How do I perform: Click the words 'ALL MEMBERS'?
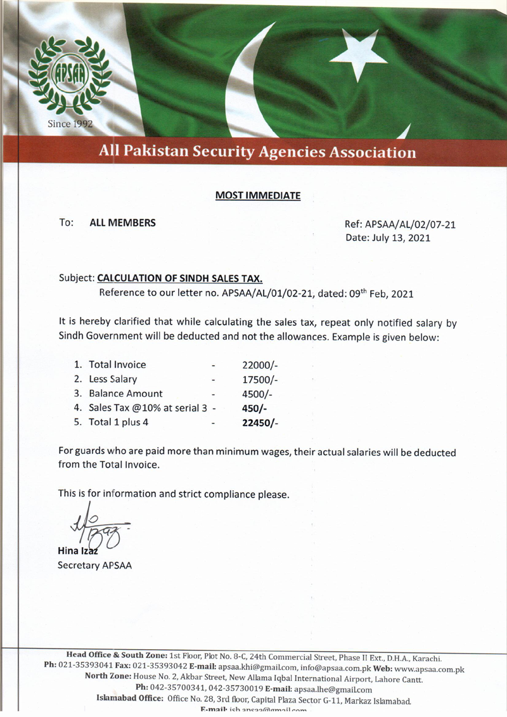(122, 223)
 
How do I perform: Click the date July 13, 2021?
(388, 238)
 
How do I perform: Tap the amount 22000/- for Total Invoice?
(260, 365)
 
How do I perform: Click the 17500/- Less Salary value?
(260, 379)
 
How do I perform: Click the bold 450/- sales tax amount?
(255, 408)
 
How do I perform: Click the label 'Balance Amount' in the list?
(125, 394)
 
